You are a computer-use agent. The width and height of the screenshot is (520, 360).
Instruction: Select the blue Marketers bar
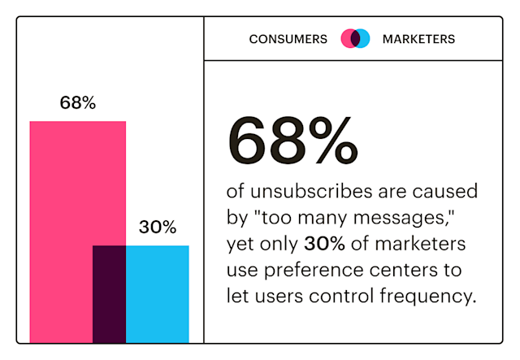[158, 293]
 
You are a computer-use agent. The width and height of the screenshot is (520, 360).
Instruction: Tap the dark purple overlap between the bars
[109, 293]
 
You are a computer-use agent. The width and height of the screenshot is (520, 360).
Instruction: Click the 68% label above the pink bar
[78, 103]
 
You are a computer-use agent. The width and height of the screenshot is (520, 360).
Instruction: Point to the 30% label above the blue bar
[157, 228]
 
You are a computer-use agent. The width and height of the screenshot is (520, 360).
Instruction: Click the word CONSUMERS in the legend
[288, 38]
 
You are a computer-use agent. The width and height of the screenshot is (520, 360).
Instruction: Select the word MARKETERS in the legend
[418, 38]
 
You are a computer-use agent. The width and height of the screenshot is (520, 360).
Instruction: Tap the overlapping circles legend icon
[355, 38]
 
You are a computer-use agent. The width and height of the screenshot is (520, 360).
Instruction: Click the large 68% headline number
[292, 139]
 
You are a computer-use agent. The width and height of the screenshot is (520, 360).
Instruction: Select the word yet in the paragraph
[241, 244]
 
